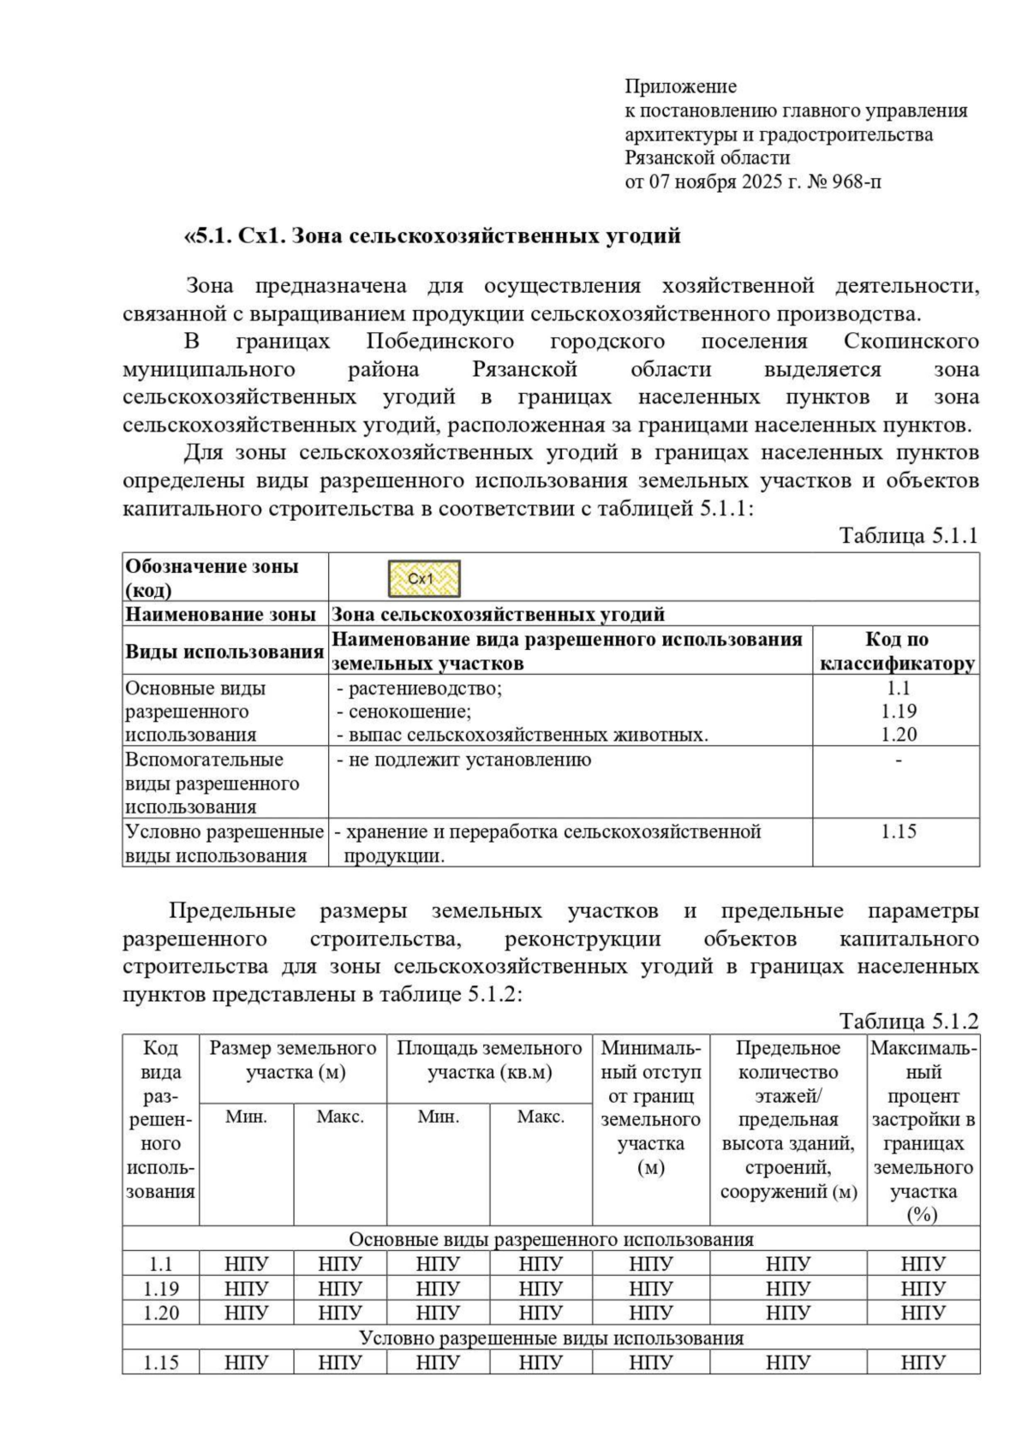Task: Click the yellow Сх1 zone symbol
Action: [424, 579]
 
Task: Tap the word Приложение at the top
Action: [680, 86]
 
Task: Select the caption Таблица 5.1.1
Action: [908, 536]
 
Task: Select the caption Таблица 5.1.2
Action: [908, 1021]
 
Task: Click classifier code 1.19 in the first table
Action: [898, 711]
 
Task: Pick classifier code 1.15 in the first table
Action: [898, 831]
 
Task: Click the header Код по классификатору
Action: [896, 651]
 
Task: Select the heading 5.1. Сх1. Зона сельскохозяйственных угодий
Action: [432, 235]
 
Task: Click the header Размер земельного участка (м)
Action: [293, 1060]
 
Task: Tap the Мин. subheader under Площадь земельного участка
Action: [438, 1117]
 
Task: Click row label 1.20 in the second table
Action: [160, 1313]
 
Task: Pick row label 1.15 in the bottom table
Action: [160, 1362]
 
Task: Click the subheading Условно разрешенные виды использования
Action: [551, 1338]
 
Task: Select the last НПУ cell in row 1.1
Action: [923, 1264]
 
